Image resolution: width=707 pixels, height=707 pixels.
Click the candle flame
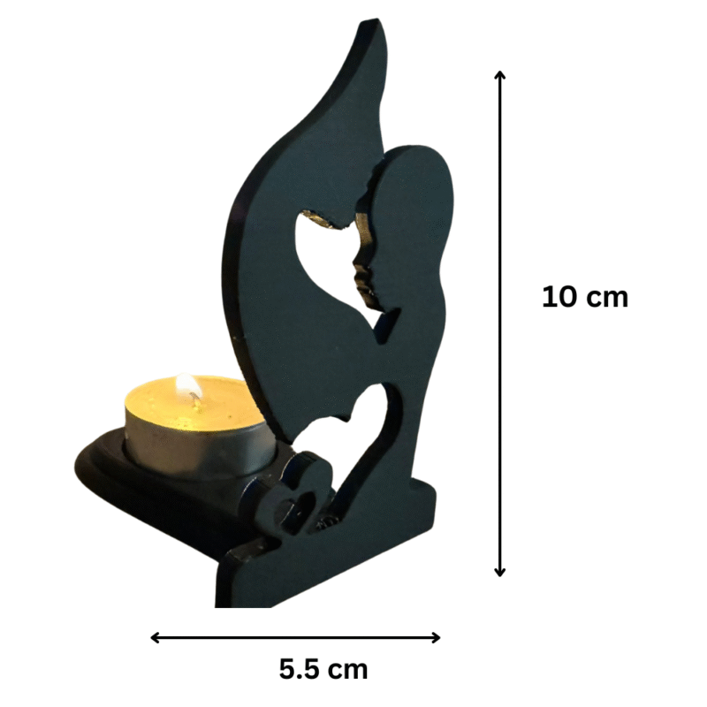188,386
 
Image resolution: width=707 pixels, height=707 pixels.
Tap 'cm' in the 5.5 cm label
347,669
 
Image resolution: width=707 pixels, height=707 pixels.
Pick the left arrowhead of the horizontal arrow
155,637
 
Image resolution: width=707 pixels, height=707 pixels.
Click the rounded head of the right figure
420,190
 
